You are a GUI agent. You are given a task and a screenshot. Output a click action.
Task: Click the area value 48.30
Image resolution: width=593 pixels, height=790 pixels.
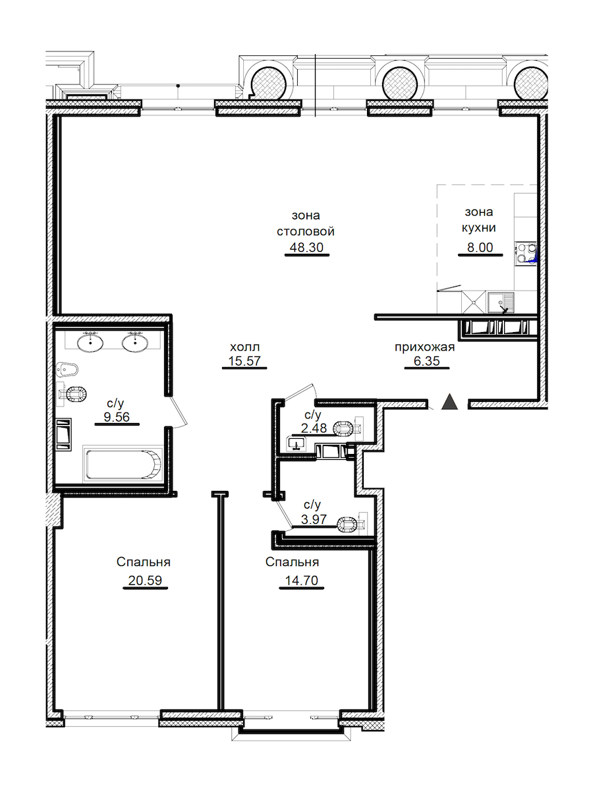[306, 247]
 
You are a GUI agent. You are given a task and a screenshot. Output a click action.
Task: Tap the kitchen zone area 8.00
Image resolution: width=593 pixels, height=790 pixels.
[480, 247]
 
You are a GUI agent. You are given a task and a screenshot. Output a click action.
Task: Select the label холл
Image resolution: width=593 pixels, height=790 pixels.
[245, 347]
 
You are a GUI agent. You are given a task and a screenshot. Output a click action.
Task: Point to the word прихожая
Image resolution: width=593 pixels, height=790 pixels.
[424, 347]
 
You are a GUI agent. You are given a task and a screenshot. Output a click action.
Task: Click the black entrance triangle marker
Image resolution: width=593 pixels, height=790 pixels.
[449, 402]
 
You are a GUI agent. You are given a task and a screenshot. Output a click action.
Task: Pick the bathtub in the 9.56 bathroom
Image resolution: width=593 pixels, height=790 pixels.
[123, 464]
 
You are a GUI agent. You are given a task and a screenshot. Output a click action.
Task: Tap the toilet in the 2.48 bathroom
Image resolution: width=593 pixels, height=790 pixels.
[348, 428]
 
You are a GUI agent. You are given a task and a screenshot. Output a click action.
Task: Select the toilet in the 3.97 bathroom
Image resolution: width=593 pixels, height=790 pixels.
[352, 524]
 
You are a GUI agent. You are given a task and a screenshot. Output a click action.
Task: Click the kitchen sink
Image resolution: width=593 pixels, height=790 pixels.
[500, 302]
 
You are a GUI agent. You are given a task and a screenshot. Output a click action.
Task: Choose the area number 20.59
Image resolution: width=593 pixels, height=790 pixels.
[145, 580]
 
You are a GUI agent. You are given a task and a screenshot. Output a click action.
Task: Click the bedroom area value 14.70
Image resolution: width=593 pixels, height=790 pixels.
[301, 580]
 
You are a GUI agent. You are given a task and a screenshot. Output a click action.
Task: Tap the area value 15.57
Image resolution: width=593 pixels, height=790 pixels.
[244, 361]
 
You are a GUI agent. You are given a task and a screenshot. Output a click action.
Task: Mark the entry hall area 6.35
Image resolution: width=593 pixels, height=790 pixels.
[426, 361]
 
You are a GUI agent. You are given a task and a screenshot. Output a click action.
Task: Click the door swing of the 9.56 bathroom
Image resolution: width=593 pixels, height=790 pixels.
[178, 411]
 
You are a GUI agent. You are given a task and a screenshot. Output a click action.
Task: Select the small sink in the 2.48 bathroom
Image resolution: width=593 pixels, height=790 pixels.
[297, 443]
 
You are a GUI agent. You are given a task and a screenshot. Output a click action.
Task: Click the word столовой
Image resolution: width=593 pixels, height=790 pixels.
[306, 231]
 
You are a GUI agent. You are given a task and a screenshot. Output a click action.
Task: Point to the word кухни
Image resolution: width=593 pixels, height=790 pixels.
[478, 228]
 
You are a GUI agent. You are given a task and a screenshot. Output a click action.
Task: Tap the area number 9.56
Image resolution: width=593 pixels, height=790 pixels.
[117, 417]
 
